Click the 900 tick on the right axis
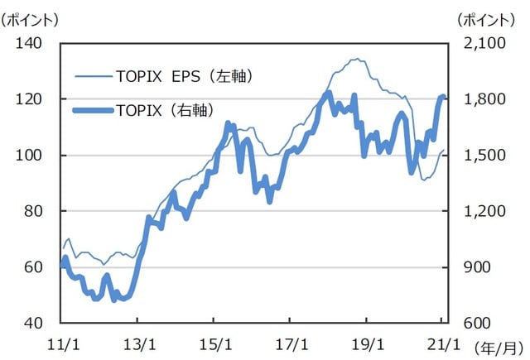coord(473,267)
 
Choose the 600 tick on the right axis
coord(473,323)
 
